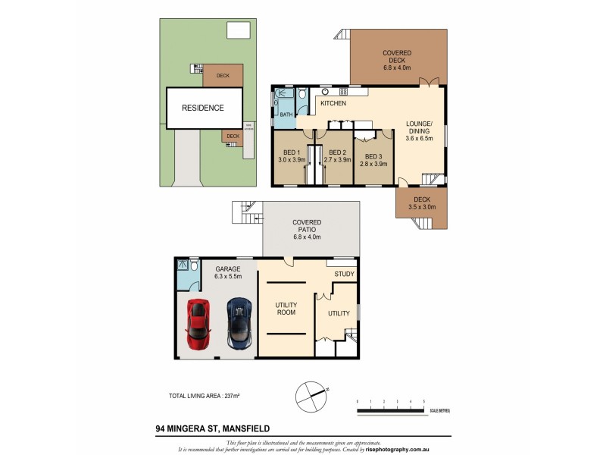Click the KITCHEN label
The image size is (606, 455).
pyautogui.click(x=333, y=103)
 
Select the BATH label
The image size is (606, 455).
pyautogui.click(x=286, y=115)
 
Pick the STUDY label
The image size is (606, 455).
pyautogui.click(x=344, y=274)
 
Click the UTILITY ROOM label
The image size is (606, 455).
pyautogui.click(x=286, y=309)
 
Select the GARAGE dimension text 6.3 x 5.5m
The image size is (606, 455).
pyautogui.click(x=228, y=278)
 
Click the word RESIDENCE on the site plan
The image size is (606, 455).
pyautogui.click(x=202, y=108)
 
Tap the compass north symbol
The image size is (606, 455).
pyautogui.click(x=311, y=393)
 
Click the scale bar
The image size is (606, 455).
pyautogui.click(x=390, y=410)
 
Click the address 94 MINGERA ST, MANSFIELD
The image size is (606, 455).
pyautogui.click(x=210, y=428)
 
